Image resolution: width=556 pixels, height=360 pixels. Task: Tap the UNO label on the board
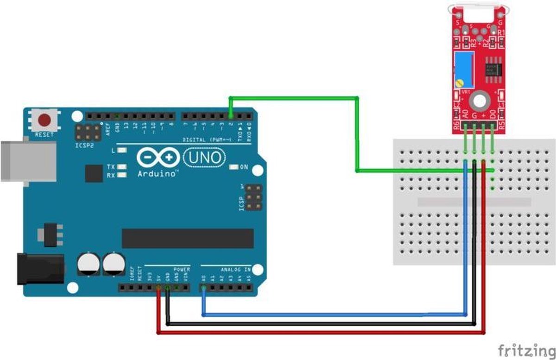click(204, 158)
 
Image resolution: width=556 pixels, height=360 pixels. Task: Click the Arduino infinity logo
click(158, 158)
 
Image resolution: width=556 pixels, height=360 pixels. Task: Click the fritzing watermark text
click(526, 348)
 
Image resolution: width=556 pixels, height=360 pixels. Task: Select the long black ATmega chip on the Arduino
click(188, 238)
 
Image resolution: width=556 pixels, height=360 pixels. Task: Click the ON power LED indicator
click(234, 166)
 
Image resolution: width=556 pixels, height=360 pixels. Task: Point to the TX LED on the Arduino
click(122, 166)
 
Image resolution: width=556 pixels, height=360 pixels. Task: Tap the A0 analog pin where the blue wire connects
click(203, 288)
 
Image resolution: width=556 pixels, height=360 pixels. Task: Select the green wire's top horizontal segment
click(294, 98)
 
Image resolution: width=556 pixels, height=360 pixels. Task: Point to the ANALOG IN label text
click(234, 269)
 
